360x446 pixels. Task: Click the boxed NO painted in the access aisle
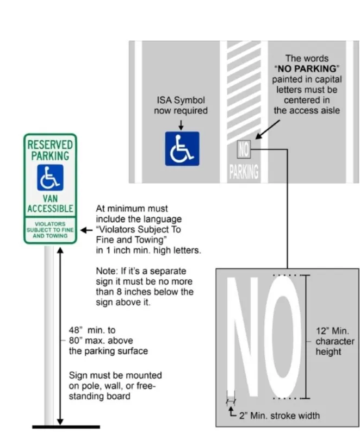point(243,148)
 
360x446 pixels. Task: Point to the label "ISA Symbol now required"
point(181,106)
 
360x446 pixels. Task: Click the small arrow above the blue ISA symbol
point(181,124)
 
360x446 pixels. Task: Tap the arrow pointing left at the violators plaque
point(85,230)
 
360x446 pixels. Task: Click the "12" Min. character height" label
point(334,341)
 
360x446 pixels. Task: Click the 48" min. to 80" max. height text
point(108,341)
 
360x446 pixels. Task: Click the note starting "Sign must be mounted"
point(115,386)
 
